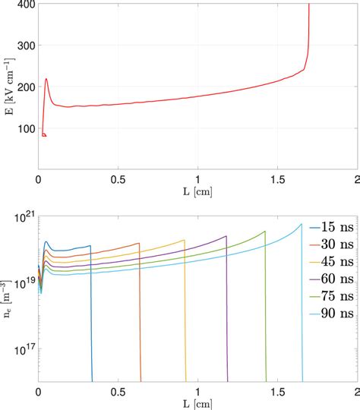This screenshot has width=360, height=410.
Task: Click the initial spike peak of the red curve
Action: tap(46, 79)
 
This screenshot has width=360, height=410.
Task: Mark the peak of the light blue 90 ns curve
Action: tap(301, 224)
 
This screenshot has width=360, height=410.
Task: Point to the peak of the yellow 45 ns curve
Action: tap(185, 241)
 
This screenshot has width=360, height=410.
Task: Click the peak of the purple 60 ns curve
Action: tap(226, 236)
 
